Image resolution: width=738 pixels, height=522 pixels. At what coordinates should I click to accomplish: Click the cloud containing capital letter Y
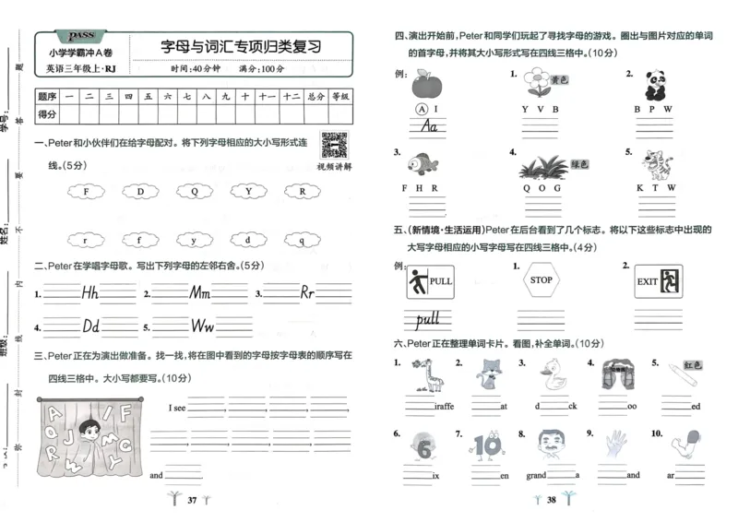(x=248, y=192)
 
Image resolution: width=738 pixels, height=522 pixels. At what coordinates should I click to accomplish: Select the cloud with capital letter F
(x=86, y=192)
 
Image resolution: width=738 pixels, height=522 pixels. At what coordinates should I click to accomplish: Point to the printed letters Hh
(x=89, y=293)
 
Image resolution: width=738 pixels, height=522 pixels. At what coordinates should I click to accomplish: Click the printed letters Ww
(x=203, y=326)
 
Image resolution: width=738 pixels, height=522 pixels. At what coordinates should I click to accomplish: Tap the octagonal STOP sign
(x=542, y=280)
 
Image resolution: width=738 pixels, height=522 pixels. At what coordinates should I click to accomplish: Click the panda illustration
(x=654, y=86)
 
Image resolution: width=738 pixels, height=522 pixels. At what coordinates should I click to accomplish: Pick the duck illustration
(x=553, y=376)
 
